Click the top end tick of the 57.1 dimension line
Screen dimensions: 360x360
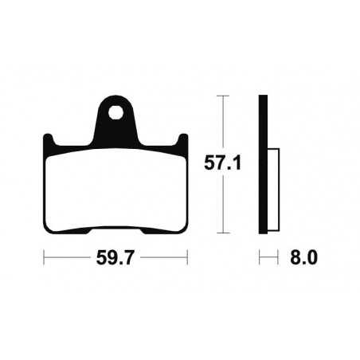pyautogui.click(x=224, y=96)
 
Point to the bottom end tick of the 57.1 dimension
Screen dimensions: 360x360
pyautogui.click(x=224, y=233)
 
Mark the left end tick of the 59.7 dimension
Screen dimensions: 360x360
pyautogui.click(x=44, y=258)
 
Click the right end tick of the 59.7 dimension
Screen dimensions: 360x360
pyautogui.click(x=186, y=258)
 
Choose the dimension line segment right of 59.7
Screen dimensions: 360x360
pyautogui.click(x=162, y=258)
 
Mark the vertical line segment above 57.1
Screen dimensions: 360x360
pyautogui.click(x=224, y=123)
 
